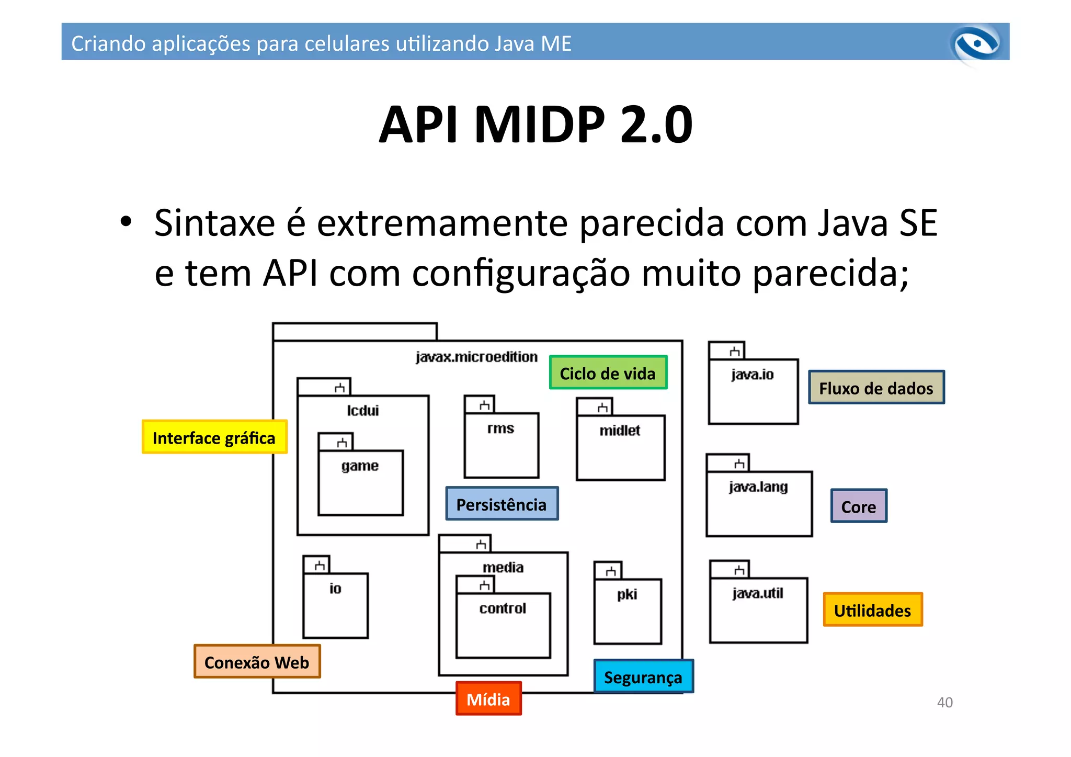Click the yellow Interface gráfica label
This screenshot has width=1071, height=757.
[214, 437]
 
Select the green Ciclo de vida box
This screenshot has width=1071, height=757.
[608, 372]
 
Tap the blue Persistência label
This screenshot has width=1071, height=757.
[502, 504]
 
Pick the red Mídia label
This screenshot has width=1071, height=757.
[488, 698]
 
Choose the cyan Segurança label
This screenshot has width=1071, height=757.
[643, 676]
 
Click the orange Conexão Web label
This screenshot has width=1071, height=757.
[257, 662]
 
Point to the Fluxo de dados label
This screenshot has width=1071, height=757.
[876, 388]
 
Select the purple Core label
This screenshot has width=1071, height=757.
[859, 506]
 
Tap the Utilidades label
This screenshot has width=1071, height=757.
[872, 610]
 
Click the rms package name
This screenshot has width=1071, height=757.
[501, 428]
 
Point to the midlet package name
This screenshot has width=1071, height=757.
[620, 431]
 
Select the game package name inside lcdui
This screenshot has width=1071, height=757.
[360, 466]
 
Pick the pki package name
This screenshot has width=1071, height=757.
[627, 594]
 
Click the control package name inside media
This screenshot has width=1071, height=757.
[503, 608]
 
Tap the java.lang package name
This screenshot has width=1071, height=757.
[758, 487]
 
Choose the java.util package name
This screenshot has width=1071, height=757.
[758, 593]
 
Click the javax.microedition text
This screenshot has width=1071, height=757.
[476, 357]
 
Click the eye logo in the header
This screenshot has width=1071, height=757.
[976, 44]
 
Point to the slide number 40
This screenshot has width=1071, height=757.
[944, 702]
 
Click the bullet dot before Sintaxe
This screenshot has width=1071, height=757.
[126, 222]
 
